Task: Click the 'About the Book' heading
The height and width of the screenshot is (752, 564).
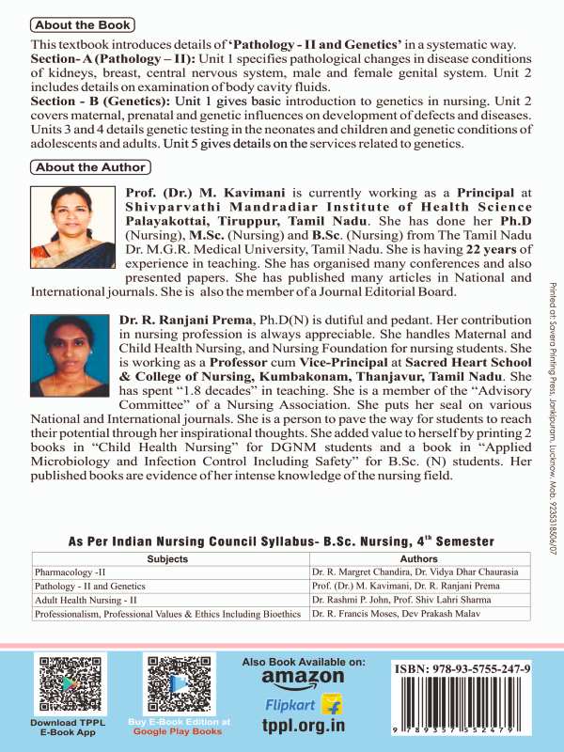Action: coord(82,25)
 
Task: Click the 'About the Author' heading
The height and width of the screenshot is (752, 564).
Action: coord(89,166)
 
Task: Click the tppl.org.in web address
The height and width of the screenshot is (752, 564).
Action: coord(303,726)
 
